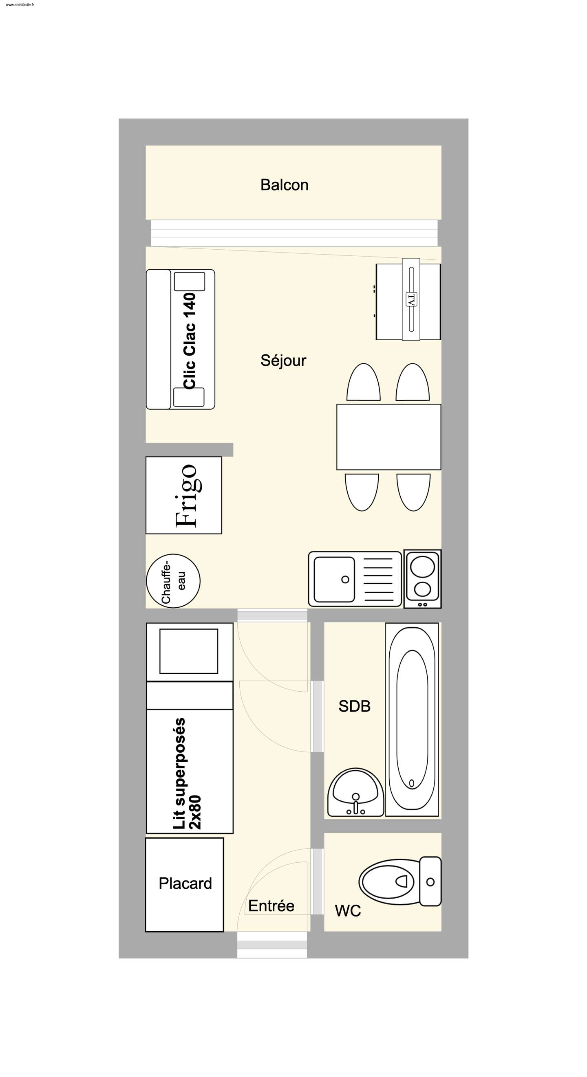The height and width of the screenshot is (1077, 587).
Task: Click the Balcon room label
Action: pyautogui.click(x=285, y=185)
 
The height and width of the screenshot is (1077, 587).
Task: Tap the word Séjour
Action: pyautogui.click(x=283, y=360)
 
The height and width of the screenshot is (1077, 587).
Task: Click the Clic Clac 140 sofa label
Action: pyautogui.click(x=190, y=341)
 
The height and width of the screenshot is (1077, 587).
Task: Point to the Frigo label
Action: pyautogui.click(x=187, y=495)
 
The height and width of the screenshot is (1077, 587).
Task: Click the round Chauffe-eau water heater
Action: pyautogui.click(x=173, y=581)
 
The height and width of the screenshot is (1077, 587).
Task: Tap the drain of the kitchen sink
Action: pyautogui.click(x=345, y=580)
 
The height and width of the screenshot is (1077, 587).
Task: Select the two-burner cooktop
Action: pyautogui.click(x=422, y=579)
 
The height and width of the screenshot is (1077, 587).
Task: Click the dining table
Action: pyautogui.click(x=388, y=437)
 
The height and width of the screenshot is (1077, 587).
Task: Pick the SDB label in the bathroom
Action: pyautogui.click(x=354, y=706)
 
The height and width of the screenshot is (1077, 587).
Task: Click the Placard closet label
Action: pyautogui.click(x=185, y=884)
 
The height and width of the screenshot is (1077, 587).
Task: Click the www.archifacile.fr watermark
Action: pyautogui.click(x=20, y=5)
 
